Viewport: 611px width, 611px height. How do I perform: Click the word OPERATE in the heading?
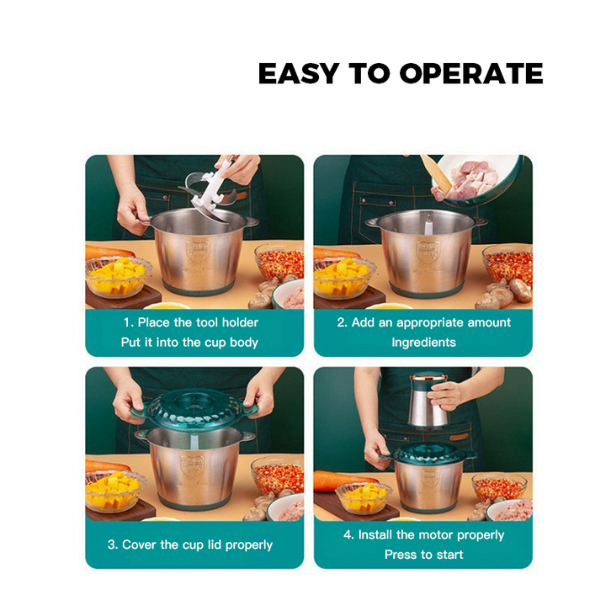point(471,73)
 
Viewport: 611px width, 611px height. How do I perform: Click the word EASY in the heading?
point(299,73)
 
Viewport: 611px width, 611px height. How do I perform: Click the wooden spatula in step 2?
point(436,174)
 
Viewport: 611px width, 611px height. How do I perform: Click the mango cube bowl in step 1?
point(118,278)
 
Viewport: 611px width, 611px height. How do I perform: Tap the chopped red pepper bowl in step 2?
point(507,264)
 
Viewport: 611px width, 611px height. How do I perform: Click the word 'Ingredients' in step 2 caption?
point(423,343)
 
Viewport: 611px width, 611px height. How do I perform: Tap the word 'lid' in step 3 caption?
point(215,545)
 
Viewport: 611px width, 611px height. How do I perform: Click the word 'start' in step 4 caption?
point(450,555)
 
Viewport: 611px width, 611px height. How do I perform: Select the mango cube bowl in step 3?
point(115,492)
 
